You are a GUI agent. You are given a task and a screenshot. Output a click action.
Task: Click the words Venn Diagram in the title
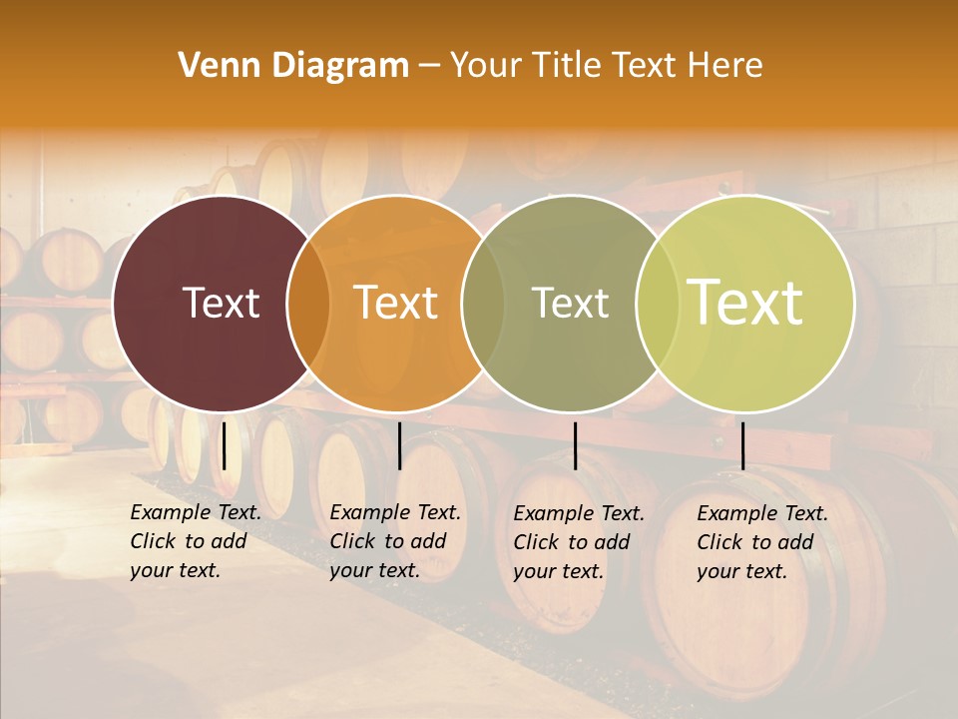(x=293, y=66)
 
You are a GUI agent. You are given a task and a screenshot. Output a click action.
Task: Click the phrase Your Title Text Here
(x=606, y=66)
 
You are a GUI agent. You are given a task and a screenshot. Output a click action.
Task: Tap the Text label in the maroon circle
(x=221, y=303)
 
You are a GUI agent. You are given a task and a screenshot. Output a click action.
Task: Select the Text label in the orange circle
(x=396, y=303)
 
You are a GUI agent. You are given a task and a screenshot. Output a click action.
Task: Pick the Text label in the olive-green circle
(x=570, y=303)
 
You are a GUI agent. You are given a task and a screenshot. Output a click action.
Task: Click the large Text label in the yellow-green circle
(x=744, y=303)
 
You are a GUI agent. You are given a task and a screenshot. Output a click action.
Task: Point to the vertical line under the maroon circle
(x=225, y=445)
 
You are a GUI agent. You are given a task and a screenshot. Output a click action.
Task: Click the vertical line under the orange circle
(x=399, y=445)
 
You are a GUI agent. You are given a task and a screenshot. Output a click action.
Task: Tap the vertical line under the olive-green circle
(x=576, y=445)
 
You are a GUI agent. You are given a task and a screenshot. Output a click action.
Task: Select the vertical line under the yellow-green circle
(x=743, y=445)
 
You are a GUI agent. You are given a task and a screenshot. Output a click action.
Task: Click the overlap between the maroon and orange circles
(x=308, y=304)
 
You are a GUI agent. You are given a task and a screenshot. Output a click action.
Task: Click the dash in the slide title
(x=429, y=66)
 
